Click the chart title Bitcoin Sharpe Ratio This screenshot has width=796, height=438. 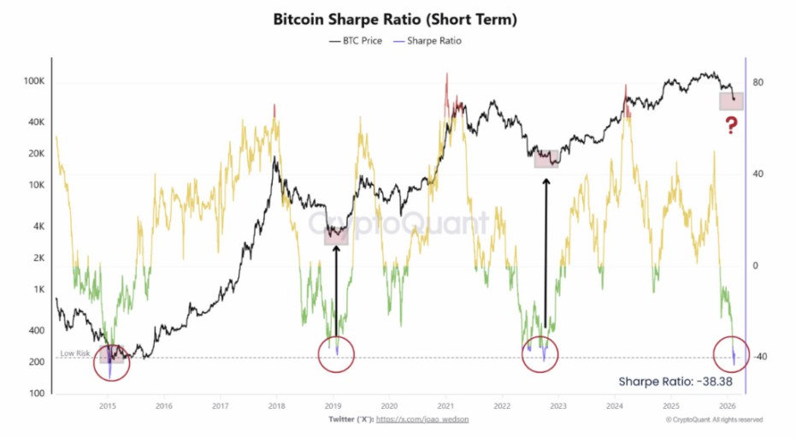(394, 20)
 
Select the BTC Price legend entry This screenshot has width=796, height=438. (356, 41)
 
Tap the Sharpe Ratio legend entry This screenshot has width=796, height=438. (427, 41)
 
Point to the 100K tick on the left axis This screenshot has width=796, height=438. (34, 81)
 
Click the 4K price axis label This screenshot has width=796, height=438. (38, 227)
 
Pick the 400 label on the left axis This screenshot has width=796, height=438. (36, 331)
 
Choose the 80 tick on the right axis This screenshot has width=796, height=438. (758, 82)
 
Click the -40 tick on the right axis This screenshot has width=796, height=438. (759, 357)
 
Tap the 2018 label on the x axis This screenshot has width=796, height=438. (277, 406)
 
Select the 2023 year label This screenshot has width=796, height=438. (558, 406)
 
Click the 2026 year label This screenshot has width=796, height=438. (728, 406)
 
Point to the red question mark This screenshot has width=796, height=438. (731, 125)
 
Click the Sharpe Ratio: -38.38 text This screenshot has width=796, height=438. (675, 382)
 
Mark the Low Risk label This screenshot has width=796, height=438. (75, 353)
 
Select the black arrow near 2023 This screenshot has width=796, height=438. (546, 253)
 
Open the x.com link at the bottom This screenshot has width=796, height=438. (422, 420)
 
